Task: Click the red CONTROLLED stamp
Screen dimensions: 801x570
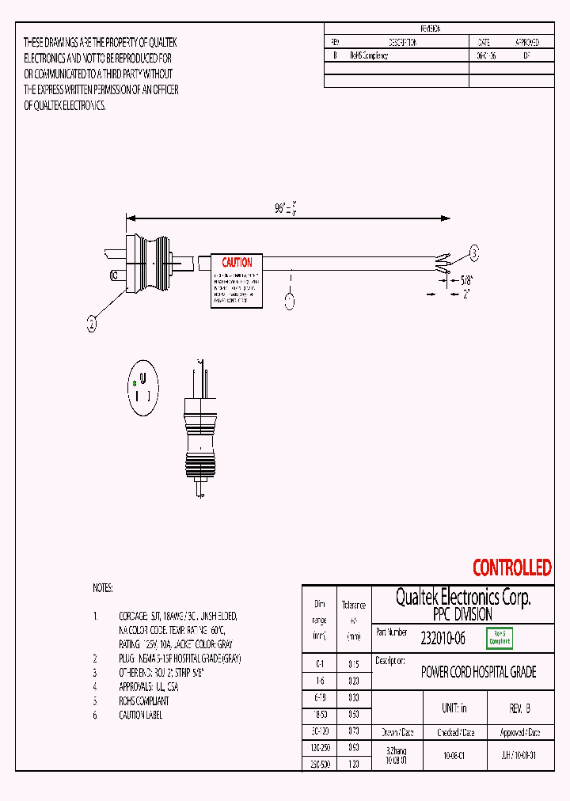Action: [511, 568]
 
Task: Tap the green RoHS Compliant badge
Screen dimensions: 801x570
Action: [500, 637]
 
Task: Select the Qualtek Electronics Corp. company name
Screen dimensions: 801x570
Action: [462, 598]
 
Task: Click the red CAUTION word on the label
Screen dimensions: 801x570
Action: [237, 263]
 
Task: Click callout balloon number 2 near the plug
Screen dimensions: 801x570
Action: [92, 322]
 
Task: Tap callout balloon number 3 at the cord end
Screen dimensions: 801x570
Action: [474, 252]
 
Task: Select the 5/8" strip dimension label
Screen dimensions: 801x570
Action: [468, 279]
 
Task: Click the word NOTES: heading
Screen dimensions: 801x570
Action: [103, 588]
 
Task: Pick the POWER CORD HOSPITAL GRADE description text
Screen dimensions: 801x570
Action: [478, 672]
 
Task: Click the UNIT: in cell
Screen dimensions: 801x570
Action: [454, 708]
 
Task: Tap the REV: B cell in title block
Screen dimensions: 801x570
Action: [519, 708]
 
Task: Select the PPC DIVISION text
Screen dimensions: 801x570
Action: [463, 614]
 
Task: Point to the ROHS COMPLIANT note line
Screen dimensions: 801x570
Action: [143, 700]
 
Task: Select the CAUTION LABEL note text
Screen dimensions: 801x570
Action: [140, 715]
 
